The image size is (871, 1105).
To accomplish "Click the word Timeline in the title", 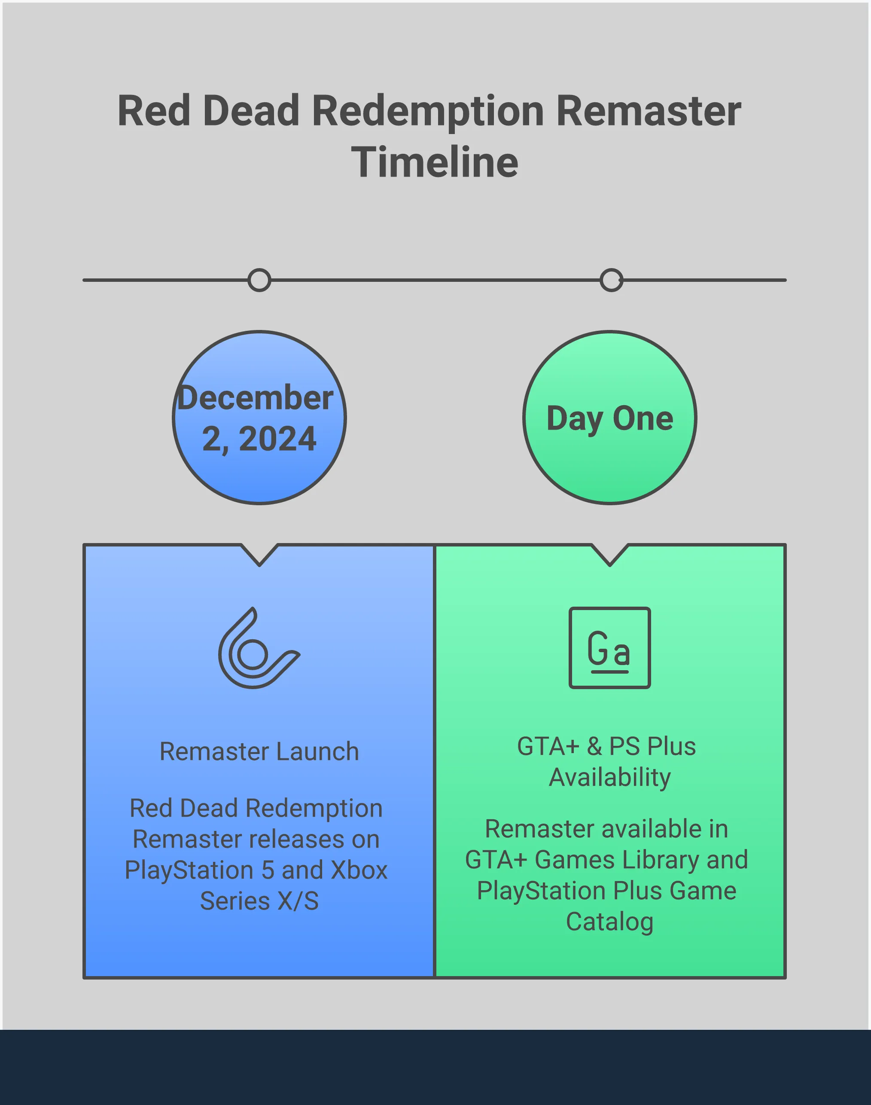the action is pos(435,162).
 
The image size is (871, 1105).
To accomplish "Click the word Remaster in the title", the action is pos(648,111).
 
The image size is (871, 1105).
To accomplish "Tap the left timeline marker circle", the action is pos(259,280).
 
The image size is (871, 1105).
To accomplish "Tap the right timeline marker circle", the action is pos(612,280).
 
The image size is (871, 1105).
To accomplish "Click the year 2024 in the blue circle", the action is pos(277,439).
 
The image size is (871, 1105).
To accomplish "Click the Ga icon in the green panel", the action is pos(610,648).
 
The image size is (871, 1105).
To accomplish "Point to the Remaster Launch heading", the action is pos(259,751).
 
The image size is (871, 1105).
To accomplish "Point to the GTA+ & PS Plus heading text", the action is pos(607,746).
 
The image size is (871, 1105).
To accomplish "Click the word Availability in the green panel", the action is pos(610,778).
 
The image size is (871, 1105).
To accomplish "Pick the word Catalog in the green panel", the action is pos(610,922).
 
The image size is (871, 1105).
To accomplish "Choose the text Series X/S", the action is pos(259,901).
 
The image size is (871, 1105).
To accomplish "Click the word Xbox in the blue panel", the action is pos(359,870).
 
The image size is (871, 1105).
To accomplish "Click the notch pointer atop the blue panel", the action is pos(259,555).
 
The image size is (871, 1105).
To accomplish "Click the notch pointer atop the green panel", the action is pos(610,555).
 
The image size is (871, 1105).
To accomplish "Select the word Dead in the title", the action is pos(251,111).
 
